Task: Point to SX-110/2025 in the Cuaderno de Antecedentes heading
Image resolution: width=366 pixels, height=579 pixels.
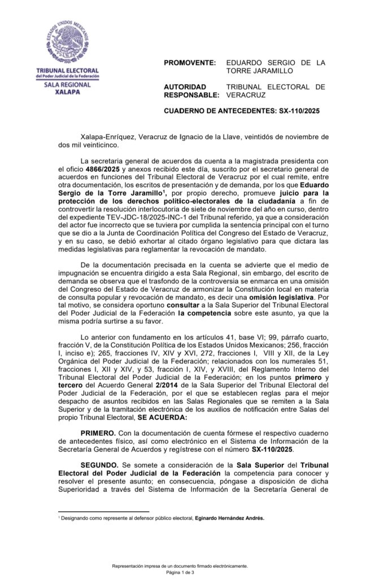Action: [299, 111]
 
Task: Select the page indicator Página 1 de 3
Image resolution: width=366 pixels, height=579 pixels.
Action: [180, 572]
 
